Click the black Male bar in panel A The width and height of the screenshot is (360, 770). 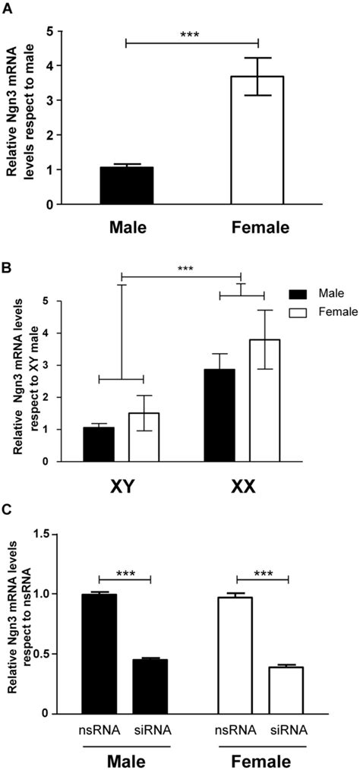coord(126,185)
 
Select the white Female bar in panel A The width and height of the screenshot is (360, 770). coord(258,140)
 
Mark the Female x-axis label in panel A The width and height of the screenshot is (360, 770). coord(258,227)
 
